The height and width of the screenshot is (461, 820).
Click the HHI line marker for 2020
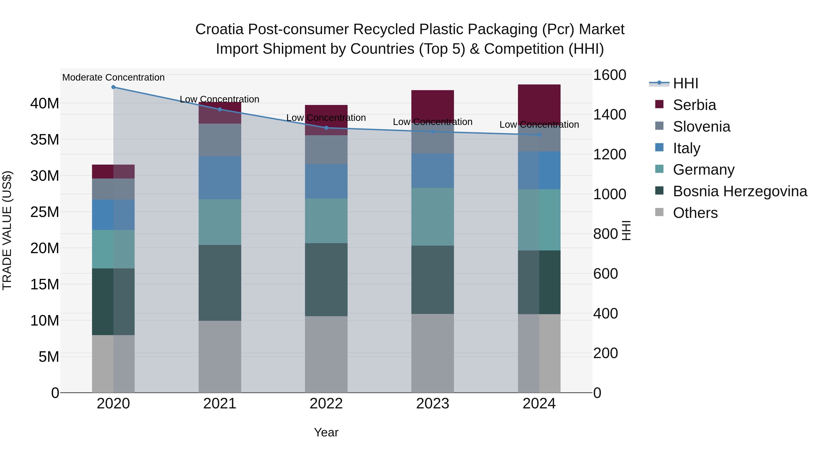coord(113,87)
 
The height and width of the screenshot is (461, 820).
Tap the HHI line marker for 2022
coord(326,128)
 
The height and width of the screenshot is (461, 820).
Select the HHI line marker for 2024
coord(539,135)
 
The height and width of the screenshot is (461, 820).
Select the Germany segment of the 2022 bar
coord(326,221)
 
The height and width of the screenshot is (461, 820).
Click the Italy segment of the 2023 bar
coord(432,171)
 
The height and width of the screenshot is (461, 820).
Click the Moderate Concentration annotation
coord(113,78)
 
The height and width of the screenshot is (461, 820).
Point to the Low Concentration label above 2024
coord(539,125)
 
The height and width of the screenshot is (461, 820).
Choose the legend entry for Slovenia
coord(701,127)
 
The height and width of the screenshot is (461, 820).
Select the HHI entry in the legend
coord(685,83)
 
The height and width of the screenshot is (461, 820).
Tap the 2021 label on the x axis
coord(220,404)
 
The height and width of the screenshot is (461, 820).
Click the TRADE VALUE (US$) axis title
coord(7,230)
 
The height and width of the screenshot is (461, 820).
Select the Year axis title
coord(326,432)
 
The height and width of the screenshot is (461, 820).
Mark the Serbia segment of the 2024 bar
coord(539,104)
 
